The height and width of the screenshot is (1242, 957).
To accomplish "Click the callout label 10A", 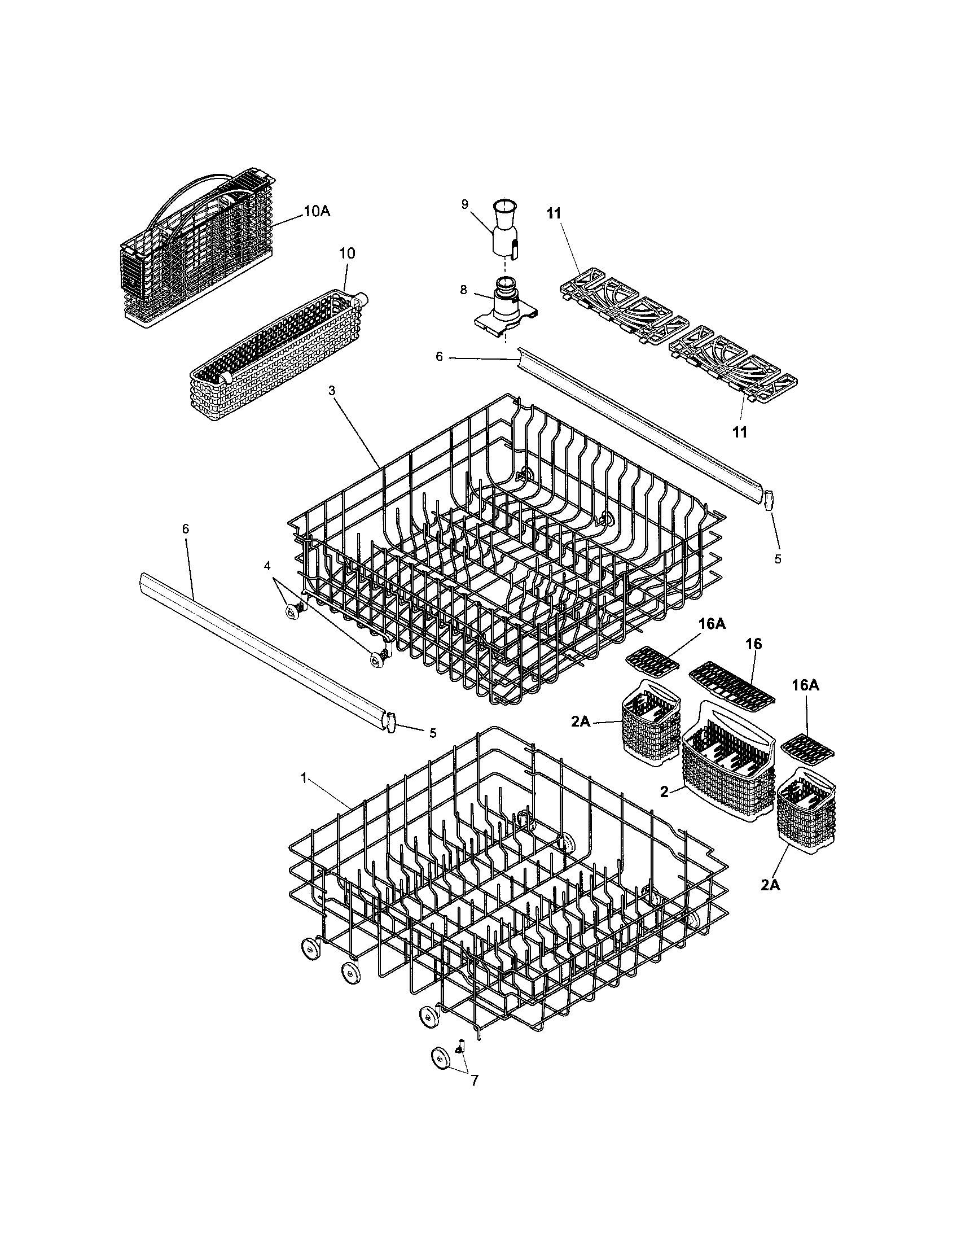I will coord(317,211).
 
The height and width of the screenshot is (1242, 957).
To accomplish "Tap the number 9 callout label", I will coord(464,204).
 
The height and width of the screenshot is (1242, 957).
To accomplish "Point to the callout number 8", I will coord(463,290).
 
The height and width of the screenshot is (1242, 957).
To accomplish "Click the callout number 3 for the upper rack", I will coord(332,390).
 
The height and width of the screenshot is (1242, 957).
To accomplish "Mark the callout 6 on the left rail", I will coord(185,529).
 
